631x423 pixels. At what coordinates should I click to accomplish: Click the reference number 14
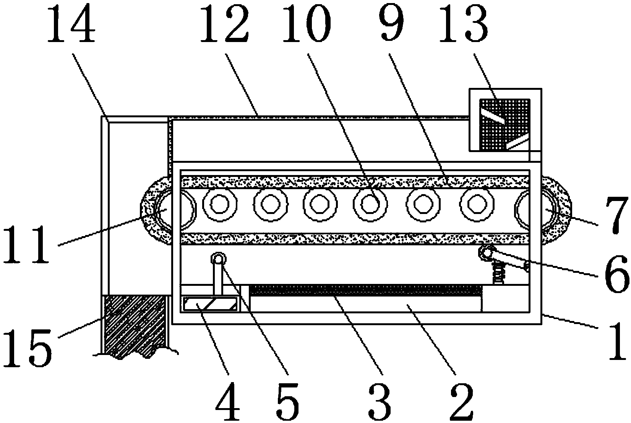(x=71, y=24)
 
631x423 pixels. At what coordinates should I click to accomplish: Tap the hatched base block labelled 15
(x=136, y=325)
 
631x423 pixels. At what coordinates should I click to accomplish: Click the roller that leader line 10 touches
(x=370, y=204)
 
